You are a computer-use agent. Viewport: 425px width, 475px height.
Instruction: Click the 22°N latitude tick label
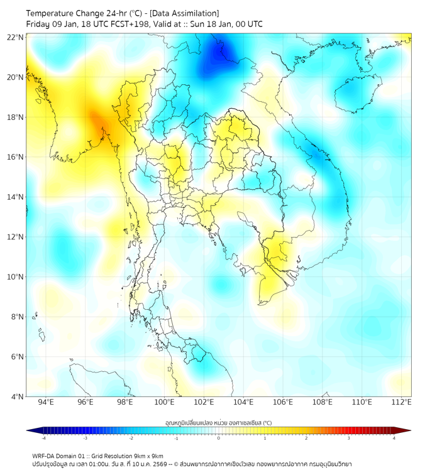(x=16, y=38)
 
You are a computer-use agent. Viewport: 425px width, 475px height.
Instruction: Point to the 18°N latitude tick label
(x=16, y=117)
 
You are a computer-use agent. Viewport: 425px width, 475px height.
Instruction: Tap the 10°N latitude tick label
(x=16, y=277)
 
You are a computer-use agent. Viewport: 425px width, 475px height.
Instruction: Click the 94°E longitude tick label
(x=46, y=402)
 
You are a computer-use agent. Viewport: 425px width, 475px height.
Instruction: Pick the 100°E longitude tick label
(x=165, y=402)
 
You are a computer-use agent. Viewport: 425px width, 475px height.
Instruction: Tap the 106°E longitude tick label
(x=284, y=402)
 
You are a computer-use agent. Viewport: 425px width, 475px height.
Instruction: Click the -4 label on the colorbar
(x=43, y=438)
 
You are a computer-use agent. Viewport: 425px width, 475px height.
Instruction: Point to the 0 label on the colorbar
(x=219, y=438)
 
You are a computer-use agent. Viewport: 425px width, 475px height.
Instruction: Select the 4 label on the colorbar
(x=394, y=438)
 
